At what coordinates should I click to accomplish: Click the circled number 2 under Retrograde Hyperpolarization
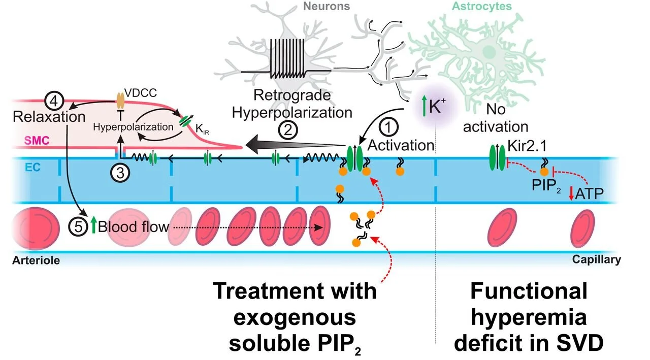287,132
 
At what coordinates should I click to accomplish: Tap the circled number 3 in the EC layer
120,173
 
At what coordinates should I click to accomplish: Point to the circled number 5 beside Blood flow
78,226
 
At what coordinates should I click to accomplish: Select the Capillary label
597,259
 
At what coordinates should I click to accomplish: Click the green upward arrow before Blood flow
93,226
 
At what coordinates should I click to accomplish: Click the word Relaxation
49,117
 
